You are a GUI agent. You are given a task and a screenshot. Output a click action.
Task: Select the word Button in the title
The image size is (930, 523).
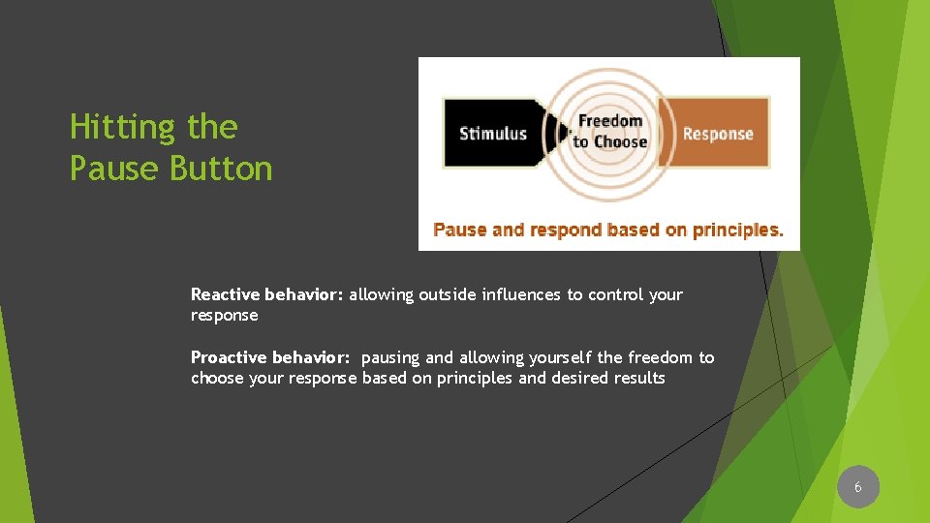click(221, 169)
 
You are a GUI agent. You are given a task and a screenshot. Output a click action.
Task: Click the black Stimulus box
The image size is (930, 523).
click(492, 134)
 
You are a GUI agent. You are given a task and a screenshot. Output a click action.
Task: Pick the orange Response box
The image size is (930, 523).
click(718, 134)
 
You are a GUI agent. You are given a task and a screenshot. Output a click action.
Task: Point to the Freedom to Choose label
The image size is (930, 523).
click(609, 132)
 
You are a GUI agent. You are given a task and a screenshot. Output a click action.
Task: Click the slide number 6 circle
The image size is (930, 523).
click(857, 487)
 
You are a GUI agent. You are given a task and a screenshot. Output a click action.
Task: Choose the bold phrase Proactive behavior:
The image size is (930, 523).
click(270, 357)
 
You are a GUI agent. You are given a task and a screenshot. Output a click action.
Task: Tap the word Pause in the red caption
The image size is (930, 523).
click(459, 231)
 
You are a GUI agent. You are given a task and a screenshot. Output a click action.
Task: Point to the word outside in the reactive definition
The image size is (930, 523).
click(449, 294)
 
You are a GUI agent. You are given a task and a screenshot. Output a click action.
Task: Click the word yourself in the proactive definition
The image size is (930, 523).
click(561, 357)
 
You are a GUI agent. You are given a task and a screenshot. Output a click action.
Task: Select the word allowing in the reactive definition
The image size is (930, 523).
click(381, 294)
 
